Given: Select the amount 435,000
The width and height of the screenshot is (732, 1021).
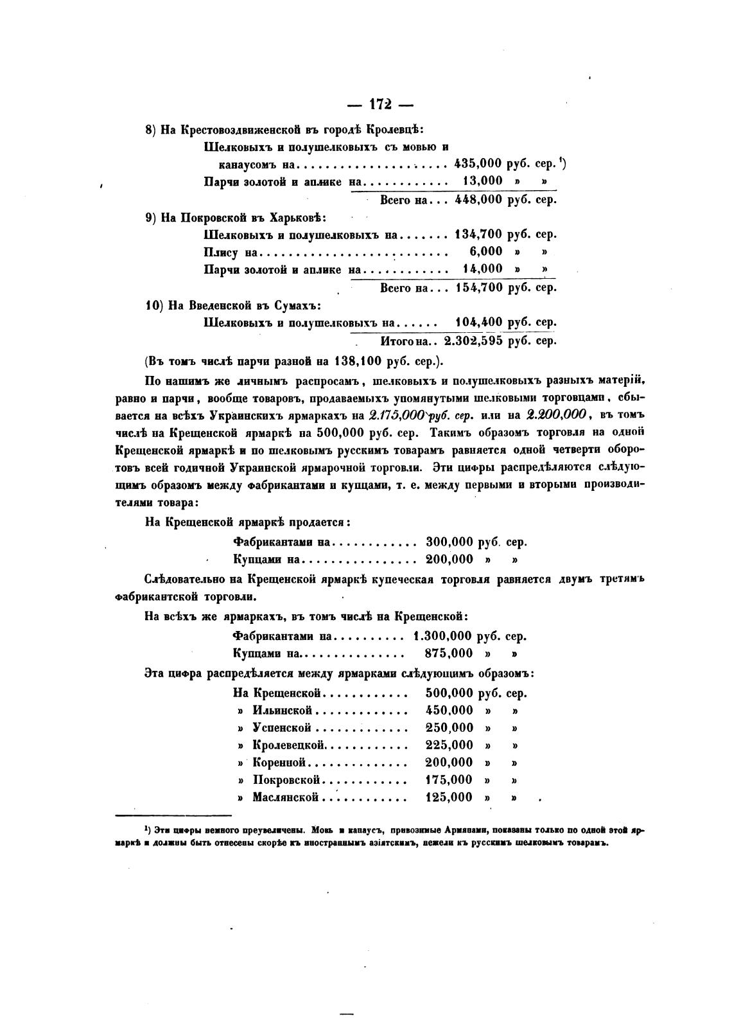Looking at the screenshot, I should pyautogui.click(x=477, y=164).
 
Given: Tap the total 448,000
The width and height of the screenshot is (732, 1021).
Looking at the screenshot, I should pyautogui.click(x=478, y=199).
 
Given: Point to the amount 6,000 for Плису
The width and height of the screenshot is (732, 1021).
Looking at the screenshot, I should pyautogui.click(x=486, y=251).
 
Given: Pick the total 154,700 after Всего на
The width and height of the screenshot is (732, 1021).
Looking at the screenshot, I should pyautogui.click(x=478, y=287).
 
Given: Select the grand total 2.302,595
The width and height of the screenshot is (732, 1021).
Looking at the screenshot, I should pyautogui.click(x=473, y=341).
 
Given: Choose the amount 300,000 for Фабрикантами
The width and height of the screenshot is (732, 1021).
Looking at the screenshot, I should pyautogui.click(x=449, y=542).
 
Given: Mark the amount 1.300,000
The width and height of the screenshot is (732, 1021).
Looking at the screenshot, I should pyautogui.click(x=443, y=636).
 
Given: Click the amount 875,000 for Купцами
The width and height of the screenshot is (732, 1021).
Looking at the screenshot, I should pyautogui.click(x=449, y=653).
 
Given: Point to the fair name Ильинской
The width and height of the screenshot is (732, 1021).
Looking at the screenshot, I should pyautogui.click(x=283, y=710).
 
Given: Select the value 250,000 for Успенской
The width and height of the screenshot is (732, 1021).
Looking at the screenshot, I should pyautogui.click(x=449, y=727).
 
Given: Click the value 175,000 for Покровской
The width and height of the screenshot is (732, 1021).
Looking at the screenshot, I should pyautogui.click(x=449, y=779).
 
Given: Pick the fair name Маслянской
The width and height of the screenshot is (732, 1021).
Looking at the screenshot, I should pyautogui.click(x=286, y=797).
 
